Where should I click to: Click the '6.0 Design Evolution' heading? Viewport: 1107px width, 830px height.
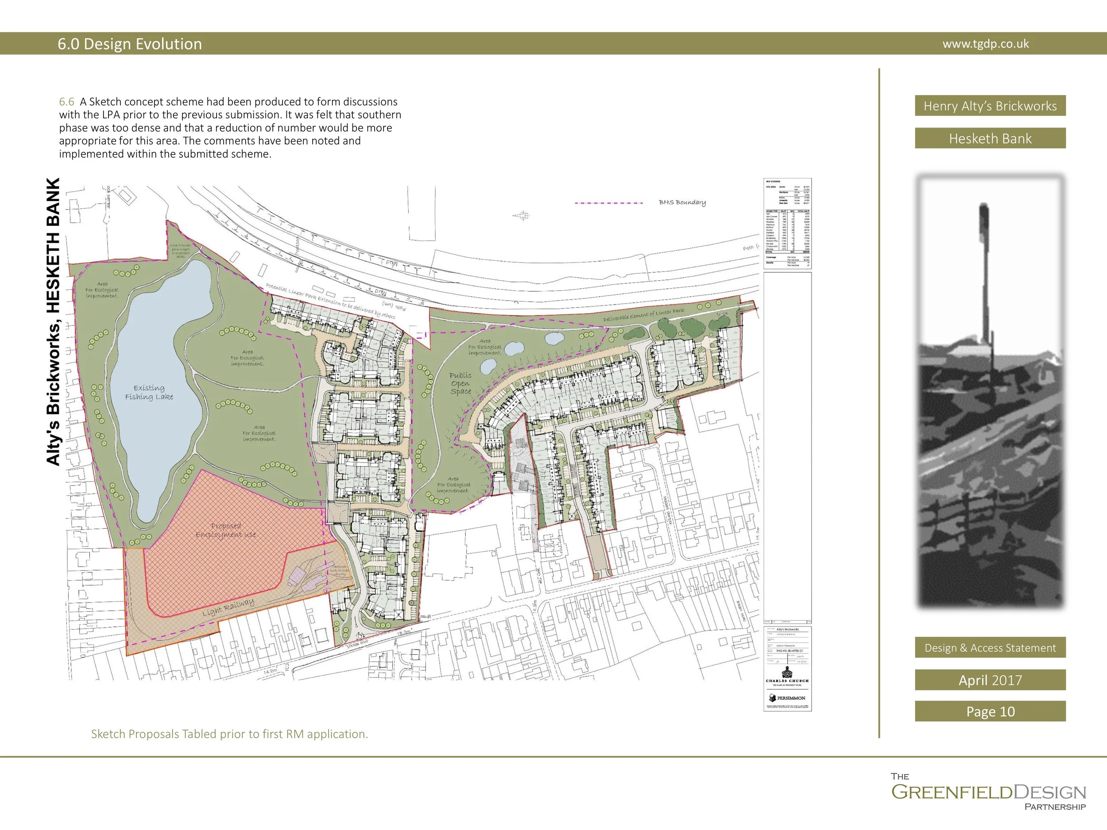pos(130,44)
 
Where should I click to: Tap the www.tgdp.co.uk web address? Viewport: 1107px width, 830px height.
pos(985,44)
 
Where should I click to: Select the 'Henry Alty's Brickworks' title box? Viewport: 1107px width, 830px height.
pos(990,105)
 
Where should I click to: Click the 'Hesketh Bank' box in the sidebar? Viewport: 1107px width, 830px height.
pos(990,139)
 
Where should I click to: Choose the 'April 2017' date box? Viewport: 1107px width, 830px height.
pos(990,680)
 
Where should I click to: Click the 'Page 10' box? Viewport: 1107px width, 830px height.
pos(990,711)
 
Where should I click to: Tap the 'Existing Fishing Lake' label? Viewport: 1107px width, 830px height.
pos(149,392)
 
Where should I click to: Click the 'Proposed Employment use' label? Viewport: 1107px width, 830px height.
pos(226,530)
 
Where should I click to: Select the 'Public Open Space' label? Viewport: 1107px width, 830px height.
pos(461,383)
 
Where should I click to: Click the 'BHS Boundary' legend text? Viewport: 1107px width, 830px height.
pos(682,203)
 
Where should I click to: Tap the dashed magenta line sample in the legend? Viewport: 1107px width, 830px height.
pos(609,203)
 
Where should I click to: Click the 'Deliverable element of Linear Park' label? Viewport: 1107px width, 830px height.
pos(643,315)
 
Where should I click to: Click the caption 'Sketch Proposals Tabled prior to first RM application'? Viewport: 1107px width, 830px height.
pos(229,734)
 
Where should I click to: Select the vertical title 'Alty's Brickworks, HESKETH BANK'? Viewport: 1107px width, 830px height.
pos(54,322)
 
